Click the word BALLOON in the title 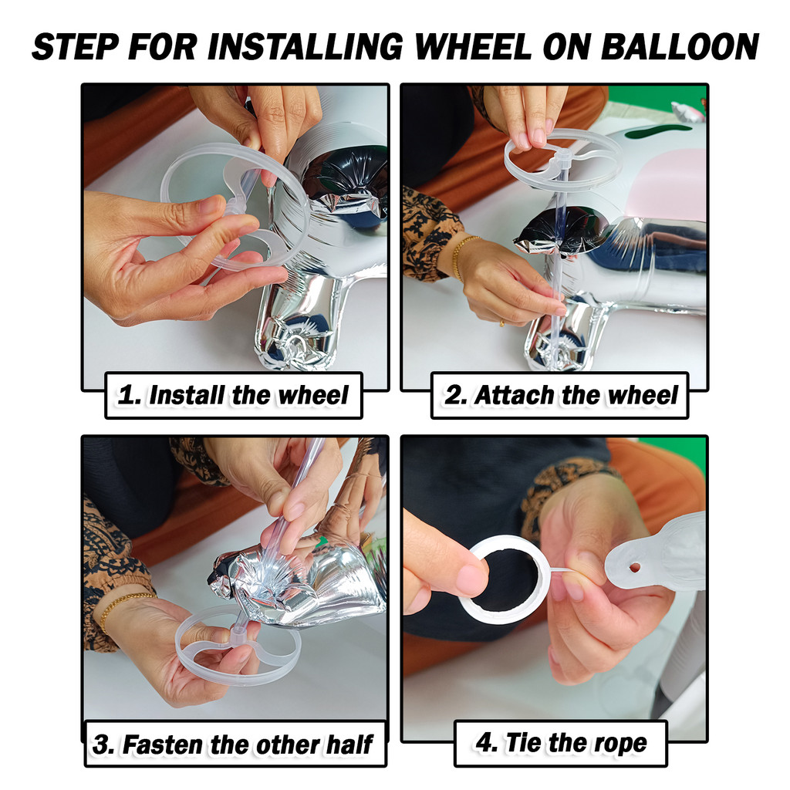680,47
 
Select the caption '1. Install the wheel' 233,395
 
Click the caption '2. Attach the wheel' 560,395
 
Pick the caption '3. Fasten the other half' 232,744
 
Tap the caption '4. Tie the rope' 561,743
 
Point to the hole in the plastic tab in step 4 635,568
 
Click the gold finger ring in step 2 501,323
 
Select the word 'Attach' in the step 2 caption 514,395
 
